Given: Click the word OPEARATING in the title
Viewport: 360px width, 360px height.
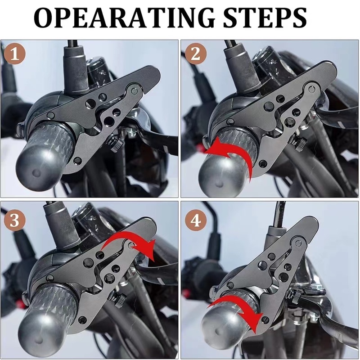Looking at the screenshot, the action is tap(125, 18).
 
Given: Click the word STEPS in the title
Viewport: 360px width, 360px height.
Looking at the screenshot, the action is tap(265, 18).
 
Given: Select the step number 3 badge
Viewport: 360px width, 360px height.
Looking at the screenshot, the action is tap(15, 220).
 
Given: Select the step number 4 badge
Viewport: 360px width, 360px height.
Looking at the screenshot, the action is tap(196, 221).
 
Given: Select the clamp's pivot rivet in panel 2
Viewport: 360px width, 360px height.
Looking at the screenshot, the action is tap(311, 89).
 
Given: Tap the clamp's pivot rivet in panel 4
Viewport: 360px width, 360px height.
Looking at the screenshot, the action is tap(298, 243).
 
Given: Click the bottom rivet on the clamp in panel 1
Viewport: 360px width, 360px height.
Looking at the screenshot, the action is tap(78, 161).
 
